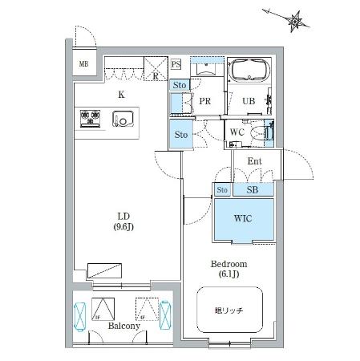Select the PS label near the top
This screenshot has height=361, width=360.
[176, 64]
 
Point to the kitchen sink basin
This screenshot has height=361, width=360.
[125, 120]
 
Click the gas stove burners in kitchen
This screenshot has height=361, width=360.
[89, 120]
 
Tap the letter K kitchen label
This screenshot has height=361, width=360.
[121, 94]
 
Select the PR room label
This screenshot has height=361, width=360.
[204, 101]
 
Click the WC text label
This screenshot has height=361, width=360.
[237, 131]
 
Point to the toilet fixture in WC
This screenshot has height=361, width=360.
[262, 134]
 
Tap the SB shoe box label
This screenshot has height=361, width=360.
[253, 190]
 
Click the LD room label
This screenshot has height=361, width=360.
[123, 215]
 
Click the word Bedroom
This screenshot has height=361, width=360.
[229, 264]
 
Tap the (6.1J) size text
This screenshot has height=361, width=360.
[229, 274]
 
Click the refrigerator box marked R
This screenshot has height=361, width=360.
[154, 69]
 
